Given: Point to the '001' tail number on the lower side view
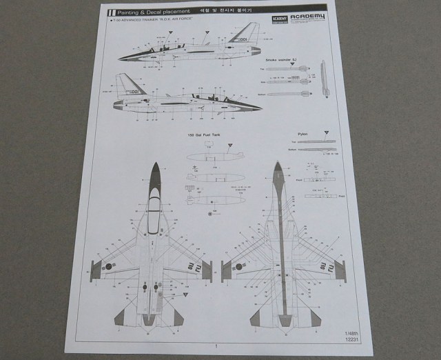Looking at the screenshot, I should [134, 91].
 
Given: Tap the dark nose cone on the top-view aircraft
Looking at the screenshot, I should [156, 172].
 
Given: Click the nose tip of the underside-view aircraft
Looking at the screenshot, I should [278, 166].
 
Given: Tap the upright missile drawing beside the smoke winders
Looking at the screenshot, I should [323, 79].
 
